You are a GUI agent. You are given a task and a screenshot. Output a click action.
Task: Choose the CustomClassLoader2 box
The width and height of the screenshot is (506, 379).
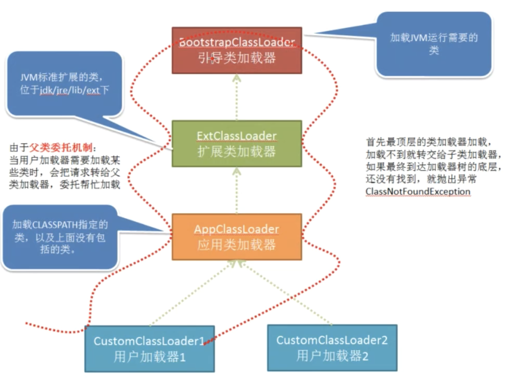pos(332,348)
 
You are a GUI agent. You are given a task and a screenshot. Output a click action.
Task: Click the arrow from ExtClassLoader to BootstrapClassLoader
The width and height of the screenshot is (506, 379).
pos(237,97)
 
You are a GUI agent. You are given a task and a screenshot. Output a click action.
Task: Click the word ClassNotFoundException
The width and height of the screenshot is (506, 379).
pos(418,192)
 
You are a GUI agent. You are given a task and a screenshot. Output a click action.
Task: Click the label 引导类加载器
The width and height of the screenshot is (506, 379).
pos(237,58)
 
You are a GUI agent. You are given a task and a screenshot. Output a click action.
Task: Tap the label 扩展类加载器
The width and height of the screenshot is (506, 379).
pos(237,151)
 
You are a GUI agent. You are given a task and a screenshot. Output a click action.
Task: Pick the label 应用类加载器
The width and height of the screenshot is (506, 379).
pos(237,245)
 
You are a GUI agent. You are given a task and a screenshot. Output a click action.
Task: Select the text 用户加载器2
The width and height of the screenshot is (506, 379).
pos(332,356)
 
